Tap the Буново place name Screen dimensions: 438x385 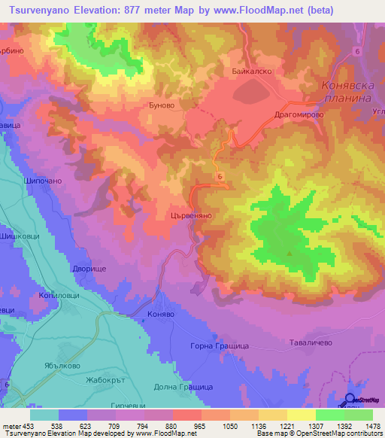tap(162, 107)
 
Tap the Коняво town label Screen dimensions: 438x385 tap(161, 315)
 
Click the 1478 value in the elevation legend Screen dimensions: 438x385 tap(372, 425)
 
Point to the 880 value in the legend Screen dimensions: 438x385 tap(171, 425)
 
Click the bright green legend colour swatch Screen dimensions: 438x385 tap(329, 415)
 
